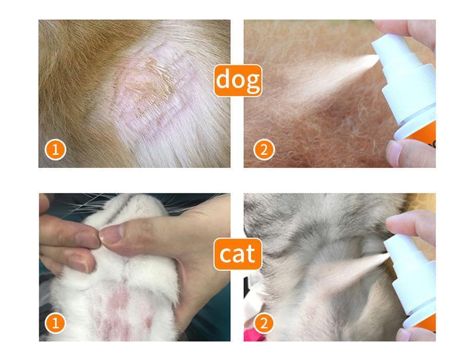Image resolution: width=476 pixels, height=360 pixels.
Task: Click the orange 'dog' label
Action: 237,80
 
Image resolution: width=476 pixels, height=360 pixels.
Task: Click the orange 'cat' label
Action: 237,254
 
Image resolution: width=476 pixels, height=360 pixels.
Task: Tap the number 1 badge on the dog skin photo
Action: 55,149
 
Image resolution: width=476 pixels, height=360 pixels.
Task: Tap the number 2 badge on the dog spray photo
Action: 264,149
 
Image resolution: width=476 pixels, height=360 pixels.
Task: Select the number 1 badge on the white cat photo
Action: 55,323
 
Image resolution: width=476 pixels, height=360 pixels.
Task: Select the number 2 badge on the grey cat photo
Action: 264,323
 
